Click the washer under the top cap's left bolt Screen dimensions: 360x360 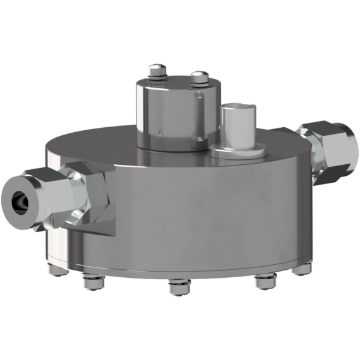coord(156,77)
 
